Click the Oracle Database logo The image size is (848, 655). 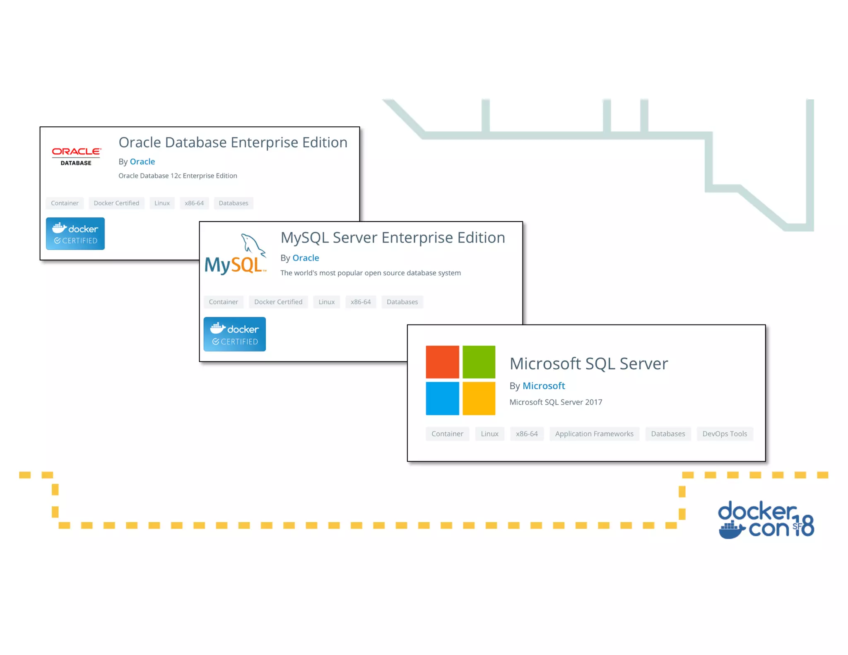[x=76, y=156]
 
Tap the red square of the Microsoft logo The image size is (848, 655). [x=442, y=361]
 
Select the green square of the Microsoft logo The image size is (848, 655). [x=479, y=361]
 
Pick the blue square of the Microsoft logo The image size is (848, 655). [x=442, y=398]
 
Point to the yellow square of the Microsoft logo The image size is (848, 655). [x=479, y=398]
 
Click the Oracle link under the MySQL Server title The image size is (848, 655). [x=306, y=258]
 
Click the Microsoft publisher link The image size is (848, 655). [x=543, y=386]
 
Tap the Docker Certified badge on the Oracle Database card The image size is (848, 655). [x=75, y=234]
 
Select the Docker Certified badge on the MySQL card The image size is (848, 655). [x=235, y=334]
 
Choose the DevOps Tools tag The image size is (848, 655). [x=725, y=434]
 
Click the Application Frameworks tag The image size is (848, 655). [x=594, y=434]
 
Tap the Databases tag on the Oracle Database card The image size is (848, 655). [x=234, y=203]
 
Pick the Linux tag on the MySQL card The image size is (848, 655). [x=326, y=302]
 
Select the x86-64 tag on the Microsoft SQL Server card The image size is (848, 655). [x=527, y=434]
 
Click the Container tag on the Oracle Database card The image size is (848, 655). [x=65, y=203]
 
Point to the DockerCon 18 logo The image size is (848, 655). [x=766, y=520]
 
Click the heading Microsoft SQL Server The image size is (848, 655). [x=588, y=364]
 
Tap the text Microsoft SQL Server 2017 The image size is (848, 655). [x=556, y=402]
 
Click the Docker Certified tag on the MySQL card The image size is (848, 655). [x=278, y=302]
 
